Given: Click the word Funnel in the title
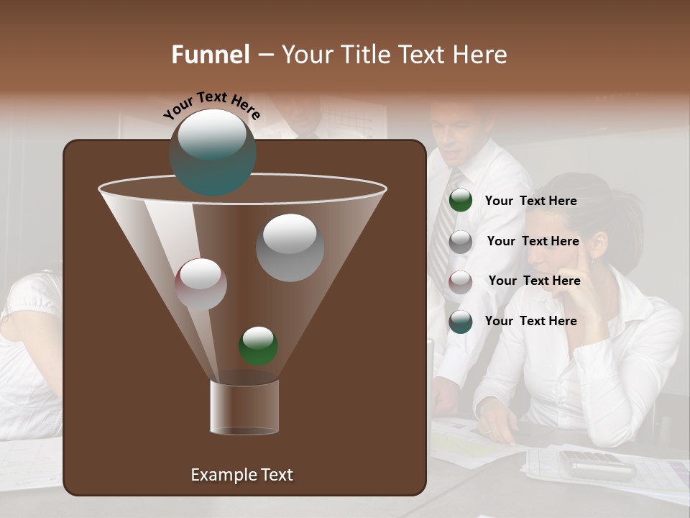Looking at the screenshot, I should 210,55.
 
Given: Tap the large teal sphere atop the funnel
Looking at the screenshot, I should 212,153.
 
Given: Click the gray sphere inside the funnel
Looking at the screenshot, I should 290,247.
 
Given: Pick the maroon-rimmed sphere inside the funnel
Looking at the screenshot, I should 201,284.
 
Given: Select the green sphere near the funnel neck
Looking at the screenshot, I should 258,346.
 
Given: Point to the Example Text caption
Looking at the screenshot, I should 241,475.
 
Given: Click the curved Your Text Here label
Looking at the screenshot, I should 212,106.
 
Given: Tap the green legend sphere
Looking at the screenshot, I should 460,201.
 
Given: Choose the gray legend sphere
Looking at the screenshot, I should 460,242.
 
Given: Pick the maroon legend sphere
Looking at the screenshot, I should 460,282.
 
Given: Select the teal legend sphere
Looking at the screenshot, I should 460,322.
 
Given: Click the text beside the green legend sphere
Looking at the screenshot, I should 530,201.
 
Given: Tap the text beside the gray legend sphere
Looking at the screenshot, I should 533,242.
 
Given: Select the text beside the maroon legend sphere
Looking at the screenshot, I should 534,281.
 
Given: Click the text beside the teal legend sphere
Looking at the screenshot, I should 530,321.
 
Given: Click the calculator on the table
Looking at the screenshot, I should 597,465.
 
